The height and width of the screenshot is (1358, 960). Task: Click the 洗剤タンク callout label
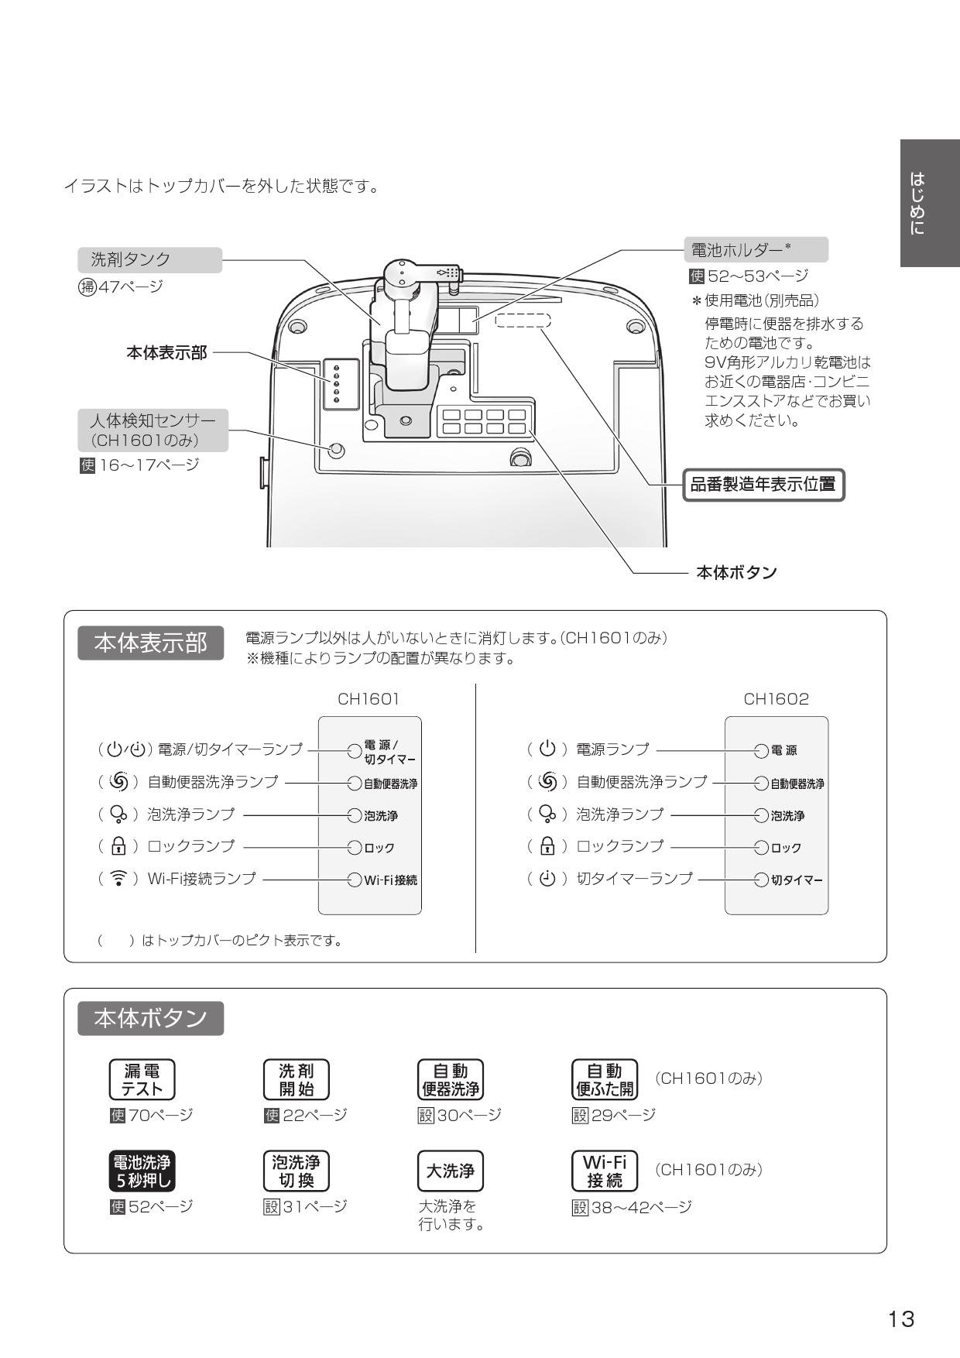coord(149,259)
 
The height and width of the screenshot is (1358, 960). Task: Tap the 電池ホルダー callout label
coord(755,249)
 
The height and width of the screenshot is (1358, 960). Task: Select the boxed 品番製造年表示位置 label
coord(763,485)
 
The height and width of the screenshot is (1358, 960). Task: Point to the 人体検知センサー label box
coord(153,430)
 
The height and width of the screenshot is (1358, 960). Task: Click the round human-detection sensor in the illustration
coord(336,450)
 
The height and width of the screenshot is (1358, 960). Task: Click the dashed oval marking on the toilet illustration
coord(523,320)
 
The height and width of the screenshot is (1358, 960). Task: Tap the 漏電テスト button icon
coord(142,1079)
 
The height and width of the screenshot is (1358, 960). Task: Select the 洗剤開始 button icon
coord(296,1079)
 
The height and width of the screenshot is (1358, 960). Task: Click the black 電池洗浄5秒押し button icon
coord(142,1171)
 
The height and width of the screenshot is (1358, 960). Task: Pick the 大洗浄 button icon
coord(450,1171)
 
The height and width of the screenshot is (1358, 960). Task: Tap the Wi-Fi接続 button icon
coord(604,1171)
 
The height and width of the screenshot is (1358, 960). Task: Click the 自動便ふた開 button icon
coord(604,1079)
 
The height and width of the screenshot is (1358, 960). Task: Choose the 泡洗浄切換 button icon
coord(296,1171)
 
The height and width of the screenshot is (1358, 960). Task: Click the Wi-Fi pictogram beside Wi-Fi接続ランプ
coord(118,879)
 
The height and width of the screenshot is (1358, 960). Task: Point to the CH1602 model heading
coord(776,699)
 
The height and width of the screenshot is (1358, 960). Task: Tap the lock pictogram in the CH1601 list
coord(118,846)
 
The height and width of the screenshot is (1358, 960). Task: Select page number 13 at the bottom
coord(901,1319)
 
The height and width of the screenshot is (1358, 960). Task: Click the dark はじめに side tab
coord(929,203)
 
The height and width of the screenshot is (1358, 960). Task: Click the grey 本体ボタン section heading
coord(150,1018)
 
